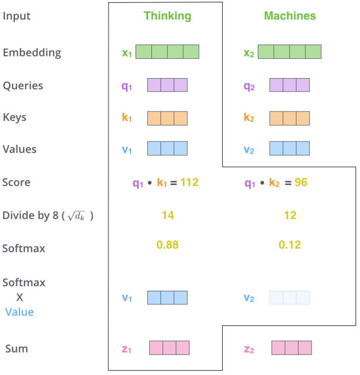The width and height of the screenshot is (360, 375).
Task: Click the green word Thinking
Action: click(167, 16)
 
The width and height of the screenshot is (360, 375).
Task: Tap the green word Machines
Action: click(290, 16)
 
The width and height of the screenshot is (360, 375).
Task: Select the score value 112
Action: click(189, 182)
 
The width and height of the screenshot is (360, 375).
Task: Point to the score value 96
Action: click(301, 182)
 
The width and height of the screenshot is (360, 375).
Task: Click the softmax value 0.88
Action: click(168, 245)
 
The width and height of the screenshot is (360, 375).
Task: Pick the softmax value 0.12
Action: click(290, 245)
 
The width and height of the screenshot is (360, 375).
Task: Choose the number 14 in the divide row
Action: click(168, 215)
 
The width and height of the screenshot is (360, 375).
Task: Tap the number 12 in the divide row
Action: click(290, 215)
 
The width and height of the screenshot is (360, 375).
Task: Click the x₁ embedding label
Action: click(127, 53)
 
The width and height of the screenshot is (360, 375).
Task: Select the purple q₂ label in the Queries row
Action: click(249, 86)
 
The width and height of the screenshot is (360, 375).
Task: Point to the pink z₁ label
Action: click(126, 349)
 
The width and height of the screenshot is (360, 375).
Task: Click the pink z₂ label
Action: click(248, 349)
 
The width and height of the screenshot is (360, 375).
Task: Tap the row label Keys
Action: click(14, 117)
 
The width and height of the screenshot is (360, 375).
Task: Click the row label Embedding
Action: click(32, 53)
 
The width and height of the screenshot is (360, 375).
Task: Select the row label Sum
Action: click(17, 349)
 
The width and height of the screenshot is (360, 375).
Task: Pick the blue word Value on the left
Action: click(19, 312)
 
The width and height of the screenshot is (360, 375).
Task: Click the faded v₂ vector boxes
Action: click(289, 298)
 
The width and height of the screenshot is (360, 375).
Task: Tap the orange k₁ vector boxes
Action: click(167, 118)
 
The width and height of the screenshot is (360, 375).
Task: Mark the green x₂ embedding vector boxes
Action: click(289, 52)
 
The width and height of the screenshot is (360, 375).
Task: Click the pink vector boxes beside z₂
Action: click(291, 348)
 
